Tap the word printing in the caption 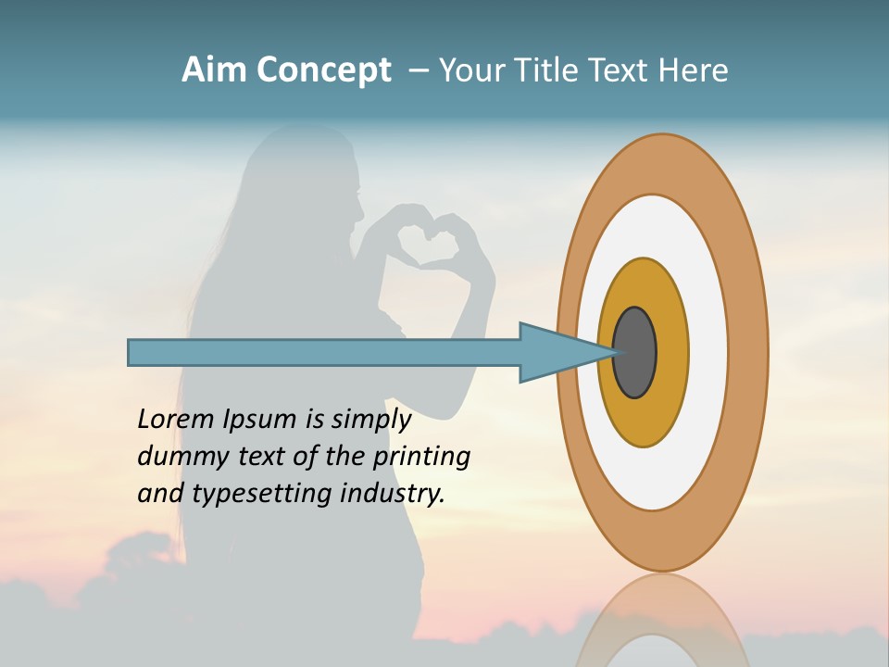[x=420, y=458]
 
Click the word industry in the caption [x=393, y=494]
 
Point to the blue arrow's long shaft [x=324, y=352]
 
